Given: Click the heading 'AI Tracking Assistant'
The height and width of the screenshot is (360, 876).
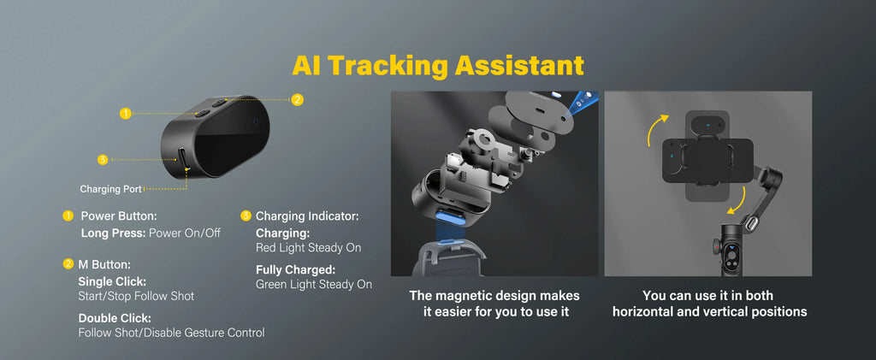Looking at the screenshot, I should tap(438, 65).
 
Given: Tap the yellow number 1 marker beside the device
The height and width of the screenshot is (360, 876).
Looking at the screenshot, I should tap(125, 113).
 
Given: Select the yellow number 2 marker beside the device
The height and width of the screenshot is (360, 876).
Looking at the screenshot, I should tap(297, 99).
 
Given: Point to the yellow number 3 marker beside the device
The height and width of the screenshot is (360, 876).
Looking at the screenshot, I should tap(103, 159).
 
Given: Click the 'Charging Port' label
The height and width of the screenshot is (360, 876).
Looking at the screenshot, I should tap(110, 189).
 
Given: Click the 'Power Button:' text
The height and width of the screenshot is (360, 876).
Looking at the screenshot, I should tap(119, 216).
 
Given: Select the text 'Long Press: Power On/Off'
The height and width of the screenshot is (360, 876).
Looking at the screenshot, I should tap(151, 233).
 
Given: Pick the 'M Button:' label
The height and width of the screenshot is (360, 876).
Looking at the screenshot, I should tap(104, 265).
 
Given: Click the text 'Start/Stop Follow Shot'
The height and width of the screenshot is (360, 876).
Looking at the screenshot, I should tap(136, 296).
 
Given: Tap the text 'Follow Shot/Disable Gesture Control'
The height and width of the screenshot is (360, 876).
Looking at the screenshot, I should tap(171, 333).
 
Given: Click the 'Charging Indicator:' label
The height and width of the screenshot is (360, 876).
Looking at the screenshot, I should tap(307, 216).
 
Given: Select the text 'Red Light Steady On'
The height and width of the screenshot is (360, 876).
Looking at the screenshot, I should tap(308, 248).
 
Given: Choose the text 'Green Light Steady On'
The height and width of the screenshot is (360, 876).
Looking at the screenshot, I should tap(314, 285).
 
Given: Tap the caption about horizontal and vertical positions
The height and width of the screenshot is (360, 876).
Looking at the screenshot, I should tap(709, 304).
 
